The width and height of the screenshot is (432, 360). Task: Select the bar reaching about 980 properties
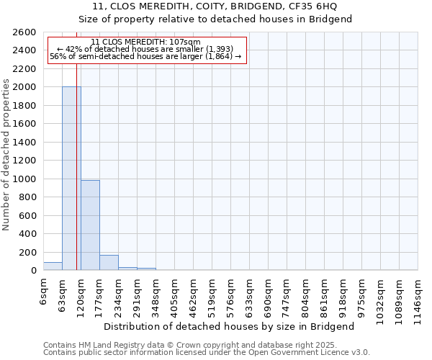point(90,225)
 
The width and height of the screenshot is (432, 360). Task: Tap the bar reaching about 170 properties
point(109,263)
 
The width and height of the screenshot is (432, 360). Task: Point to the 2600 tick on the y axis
point(24,32)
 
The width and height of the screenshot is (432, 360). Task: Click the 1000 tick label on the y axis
point(24,179)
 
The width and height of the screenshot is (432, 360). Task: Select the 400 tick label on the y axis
point(27,234)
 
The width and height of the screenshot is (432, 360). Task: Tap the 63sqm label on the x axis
point(63,294)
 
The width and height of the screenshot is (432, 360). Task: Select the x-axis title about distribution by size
point(230,327)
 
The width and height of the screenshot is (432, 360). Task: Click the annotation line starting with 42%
point(146,49)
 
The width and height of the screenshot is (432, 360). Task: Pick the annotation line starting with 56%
point(145,56)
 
